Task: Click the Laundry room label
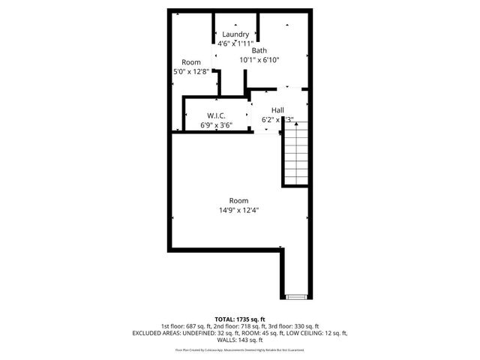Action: coord(236,34)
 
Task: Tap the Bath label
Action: coord(259,50)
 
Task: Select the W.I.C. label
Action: coord(217,115)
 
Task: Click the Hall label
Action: coord(277,109)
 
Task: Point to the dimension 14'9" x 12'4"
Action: coord(238,210)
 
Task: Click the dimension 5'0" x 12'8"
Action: coord(191,72)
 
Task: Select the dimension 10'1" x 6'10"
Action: coord(259,60)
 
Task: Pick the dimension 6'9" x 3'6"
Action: coord(216,125)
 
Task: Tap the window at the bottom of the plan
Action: coord(295,297)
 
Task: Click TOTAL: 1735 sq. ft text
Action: coord(239,319)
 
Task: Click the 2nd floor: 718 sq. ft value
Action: coord(237,326)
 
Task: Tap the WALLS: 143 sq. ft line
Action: coord(239,340)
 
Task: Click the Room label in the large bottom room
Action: coord(238,200)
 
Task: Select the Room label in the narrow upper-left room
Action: coord(191,62)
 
